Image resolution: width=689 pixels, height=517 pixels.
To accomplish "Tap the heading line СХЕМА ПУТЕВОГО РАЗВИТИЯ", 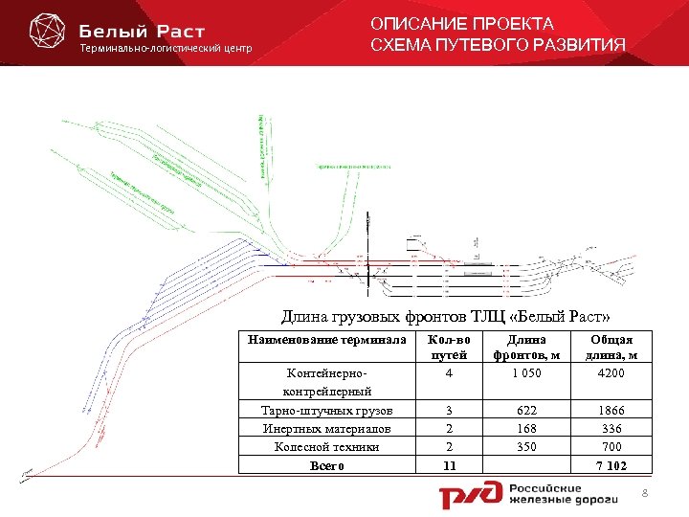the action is [x=498, y=45].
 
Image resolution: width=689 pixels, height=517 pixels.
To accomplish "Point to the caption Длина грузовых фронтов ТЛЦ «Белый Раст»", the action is [x=445, y=317].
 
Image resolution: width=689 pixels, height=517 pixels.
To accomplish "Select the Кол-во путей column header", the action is [x=449, y=348].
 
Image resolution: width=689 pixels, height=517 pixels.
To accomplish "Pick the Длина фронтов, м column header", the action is [x=525, y=348].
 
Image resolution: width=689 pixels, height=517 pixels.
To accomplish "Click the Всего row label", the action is [x=328, y=466].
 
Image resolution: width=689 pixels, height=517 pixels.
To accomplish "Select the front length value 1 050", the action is [x=525, y=373].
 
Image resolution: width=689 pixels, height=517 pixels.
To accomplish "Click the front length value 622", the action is [x=525, y=409].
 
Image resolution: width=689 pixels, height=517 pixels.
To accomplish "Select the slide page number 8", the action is [x=645, y=492].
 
